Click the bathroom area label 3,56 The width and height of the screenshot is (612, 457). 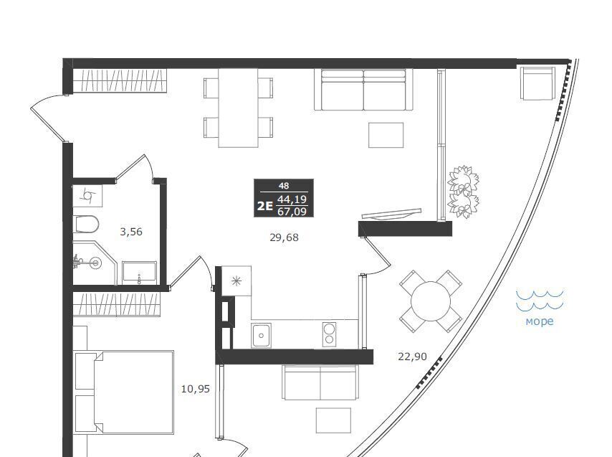click(x=131, y=232)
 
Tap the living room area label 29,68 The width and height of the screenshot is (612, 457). click(x=284, y=237)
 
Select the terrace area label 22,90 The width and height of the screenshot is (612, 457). click(x=412, y=357)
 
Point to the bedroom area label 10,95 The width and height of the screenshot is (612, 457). click(x=196, y=389)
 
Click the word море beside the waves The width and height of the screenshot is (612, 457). click(x=540, y=321)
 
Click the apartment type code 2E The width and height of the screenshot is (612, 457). click(x=264, y=206)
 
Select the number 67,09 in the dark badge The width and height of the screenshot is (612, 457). click(x=292, y=212)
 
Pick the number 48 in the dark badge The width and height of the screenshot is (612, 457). click(x=284, y=186)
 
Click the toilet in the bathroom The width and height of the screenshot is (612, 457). click(x=86, y=225)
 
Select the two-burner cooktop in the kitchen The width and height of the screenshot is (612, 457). click(x=329, y=334)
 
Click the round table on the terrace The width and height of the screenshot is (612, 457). click(x=431, y=301)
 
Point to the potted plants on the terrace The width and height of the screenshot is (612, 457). click(x=463, y=192)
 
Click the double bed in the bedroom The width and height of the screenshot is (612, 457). click(x=124, y=392)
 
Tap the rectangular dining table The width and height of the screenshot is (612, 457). click(x=238, y=108)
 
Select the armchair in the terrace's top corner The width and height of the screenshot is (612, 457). click(x=537, y=83)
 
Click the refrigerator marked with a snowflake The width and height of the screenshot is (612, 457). click(x=236, y=281)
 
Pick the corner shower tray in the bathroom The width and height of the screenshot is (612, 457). click(x=95, y=263)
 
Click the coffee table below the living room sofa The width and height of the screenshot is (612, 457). click(x=386, y=135)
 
